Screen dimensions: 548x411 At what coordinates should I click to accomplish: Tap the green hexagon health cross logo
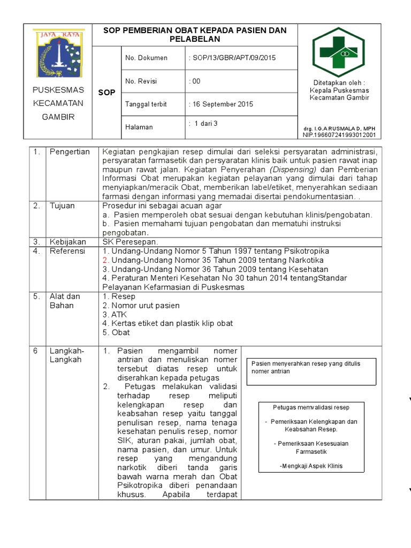(341, 52)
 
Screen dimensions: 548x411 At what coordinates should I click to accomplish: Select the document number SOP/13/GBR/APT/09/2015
(233, 58)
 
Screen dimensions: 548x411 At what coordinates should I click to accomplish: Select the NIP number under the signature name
(339, 135)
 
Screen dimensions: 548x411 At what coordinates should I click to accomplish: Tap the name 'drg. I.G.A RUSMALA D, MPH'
(339, 130)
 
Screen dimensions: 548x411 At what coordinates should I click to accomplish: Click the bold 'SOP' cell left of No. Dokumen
(107, 93)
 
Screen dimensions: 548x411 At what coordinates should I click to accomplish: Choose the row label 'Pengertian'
(70, 152)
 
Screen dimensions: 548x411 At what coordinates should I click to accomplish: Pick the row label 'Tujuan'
(62, 205)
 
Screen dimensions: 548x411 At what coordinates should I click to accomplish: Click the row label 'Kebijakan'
(67, 242)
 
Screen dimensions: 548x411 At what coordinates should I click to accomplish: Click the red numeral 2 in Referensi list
(105, 260)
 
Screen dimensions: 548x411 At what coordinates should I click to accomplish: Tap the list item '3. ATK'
(114, 315)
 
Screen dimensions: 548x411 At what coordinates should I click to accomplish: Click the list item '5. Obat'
(116, 332)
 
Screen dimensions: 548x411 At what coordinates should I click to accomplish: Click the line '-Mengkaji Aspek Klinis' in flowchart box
(311, 466)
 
